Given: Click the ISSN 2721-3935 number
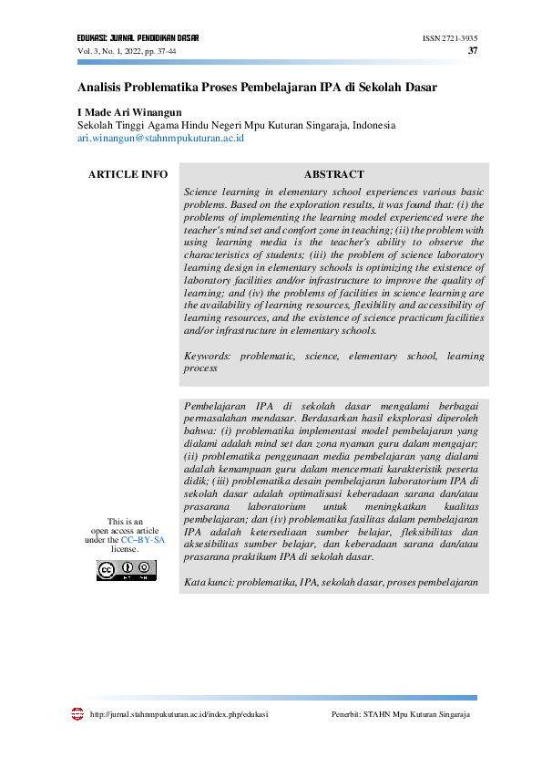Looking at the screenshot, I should (x=450, y=39).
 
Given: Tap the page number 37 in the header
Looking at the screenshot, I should (x=472, y=51).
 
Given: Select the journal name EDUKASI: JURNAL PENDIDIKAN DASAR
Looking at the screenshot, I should (x=138, y=39).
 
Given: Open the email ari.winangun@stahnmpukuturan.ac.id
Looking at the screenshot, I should (x=160, y=138).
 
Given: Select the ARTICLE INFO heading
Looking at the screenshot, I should (x=128, y=174).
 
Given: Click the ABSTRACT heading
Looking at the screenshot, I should (x=333, y=174).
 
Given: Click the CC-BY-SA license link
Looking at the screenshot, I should (x=143, y=540).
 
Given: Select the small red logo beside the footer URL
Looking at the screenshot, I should (x=77, y=714).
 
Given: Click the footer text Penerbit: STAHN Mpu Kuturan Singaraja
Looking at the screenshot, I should (x=401, y=714).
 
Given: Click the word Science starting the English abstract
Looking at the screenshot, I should (x=204, y=192).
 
